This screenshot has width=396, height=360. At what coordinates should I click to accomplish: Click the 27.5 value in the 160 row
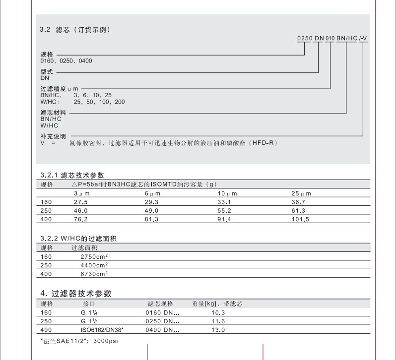coord(80,202)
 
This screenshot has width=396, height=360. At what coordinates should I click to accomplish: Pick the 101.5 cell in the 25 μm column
coord(300,219)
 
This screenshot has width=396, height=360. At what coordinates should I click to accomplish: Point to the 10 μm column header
coord(228,193)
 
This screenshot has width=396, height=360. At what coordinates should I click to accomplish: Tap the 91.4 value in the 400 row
coord(225,219)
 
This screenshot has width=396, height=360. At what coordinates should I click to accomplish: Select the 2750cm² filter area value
coord(94,257)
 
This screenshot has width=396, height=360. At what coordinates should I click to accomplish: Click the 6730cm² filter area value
coord(94,273)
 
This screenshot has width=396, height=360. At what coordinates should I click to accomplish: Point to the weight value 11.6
coord(218,321)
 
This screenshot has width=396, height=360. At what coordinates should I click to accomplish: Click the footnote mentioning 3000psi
coord(79,341)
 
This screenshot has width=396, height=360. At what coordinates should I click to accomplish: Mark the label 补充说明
coord(53,136)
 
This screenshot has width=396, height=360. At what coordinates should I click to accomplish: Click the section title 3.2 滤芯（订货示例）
coord(74,30)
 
